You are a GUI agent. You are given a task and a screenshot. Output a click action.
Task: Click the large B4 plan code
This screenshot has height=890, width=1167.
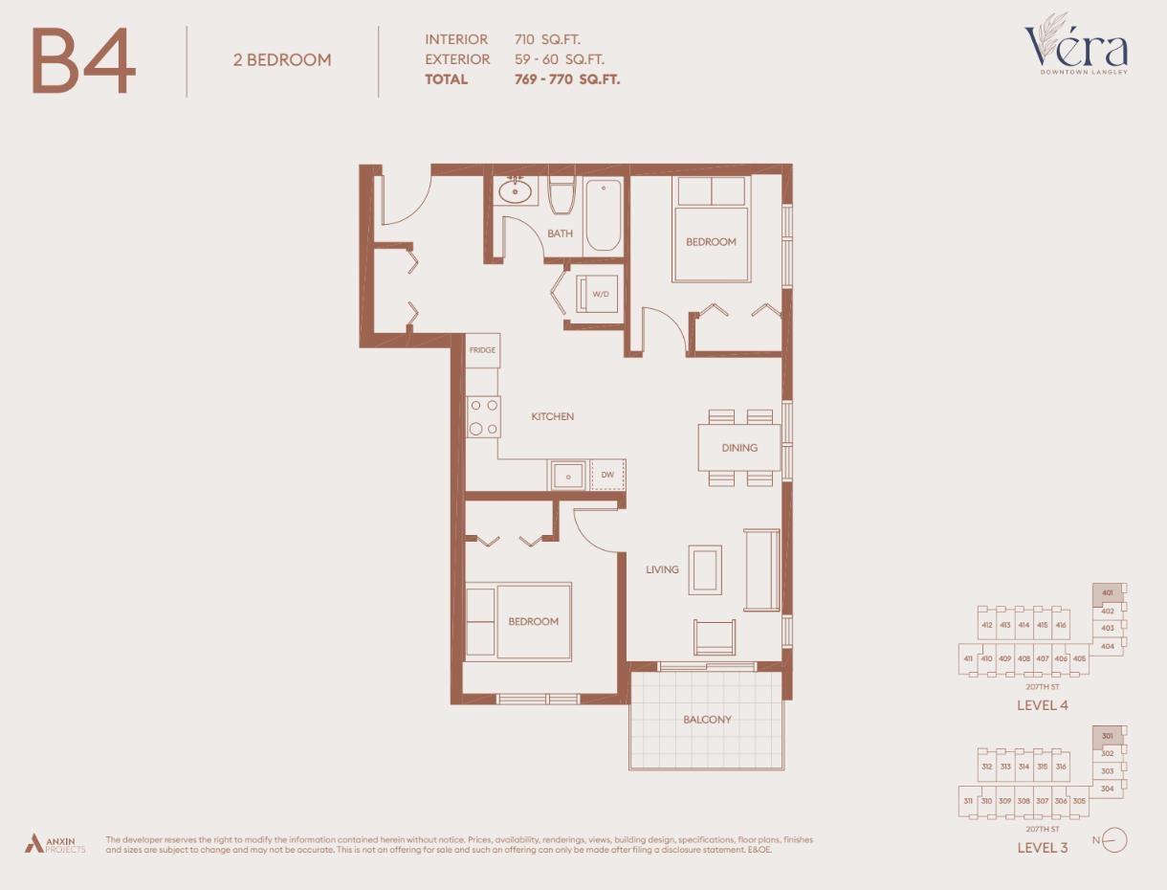pos(83,61)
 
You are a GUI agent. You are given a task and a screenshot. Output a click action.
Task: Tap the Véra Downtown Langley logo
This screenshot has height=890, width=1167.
pos(1076,46)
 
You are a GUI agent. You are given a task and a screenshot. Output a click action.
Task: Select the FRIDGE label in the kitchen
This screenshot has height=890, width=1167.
pos(482,350)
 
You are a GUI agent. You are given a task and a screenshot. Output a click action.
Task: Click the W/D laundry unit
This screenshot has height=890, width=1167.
pos(601,294)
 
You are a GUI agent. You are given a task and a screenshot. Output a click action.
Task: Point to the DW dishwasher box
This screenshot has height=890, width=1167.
pos(607,475)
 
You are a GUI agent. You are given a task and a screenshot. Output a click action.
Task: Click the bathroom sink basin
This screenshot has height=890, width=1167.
pos(515,190)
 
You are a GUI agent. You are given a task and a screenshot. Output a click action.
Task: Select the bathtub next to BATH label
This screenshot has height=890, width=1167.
pos(603,215)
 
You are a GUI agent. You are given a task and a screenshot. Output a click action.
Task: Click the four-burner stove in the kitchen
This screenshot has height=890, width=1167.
pos(483,416)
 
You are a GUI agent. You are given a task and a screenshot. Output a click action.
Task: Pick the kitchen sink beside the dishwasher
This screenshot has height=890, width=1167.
pos(568,476)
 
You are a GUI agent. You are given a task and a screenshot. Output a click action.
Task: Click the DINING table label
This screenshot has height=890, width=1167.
pos(739,447)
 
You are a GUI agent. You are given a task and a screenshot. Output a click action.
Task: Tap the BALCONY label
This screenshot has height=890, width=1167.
pos(707,720)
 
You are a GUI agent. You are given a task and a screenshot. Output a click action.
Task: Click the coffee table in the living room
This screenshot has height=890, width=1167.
pos(706,569)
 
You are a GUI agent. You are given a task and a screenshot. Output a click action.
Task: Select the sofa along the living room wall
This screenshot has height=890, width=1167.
pos(762,569)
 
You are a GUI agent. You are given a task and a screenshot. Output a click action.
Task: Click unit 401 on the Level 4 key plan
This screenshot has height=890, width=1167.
pos(1108,593)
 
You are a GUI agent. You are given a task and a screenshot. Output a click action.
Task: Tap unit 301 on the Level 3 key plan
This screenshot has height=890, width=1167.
pos(1108,736)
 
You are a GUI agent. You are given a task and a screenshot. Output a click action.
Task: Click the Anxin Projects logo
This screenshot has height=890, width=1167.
pos(55,844)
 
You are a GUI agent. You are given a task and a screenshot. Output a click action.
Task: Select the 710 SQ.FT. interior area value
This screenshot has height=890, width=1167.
pos(546,39)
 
